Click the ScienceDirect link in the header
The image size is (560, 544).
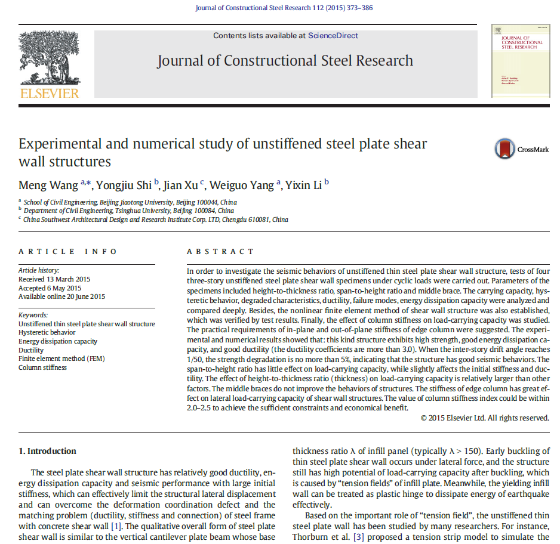tap(333, 36)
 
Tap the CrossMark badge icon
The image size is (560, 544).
tap(504, 149)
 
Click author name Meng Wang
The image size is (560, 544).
tap(48, 185)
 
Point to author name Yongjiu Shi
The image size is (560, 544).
tap(124, 185)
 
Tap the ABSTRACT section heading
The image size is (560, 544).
tap(220, 252)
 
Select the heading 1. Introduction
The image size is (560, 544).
tap(47, 451)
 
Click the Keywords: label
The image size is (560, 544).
tap(33, 315)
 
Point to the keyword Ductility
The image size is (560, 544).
tap(31, 350)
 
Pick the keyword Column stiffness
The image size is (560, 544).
tap(42, 367)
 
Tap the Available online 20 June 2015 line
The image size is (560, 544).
tap(61, 296)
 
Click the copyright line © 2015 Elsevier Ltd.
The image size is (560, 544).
tap(485, 418)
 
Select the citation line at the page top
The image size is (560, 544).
tap(284, 8)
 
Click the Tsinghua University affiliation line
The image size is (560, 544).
tap(128, 211)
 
